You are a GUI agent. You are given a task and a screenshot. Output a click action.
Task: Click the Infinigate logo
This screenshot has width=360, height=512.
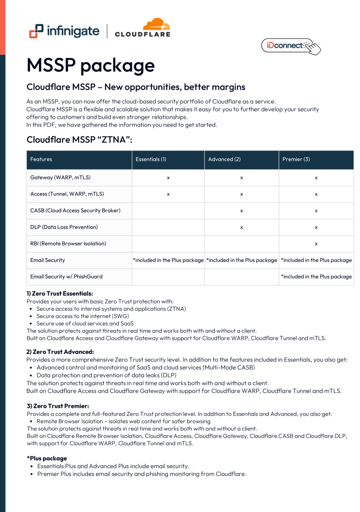point(64,31)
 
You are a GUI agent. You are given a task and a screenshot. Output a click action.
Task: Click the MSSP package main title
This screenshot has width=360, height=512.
point(91,65)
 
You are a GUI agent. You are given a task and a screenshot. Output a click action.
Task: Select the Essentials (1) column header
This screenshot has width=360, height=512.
point(151,159)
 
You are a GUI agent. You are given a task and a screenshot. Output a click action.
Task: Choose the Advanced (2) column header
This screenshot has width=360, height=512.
point(224,159)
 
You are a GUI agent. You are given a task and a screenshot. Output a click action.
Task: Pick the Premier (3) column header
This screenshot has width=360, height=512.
point(296,159)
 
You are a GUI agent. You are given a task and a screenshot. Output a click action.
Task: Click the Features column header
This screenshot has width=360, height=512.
point(41,159)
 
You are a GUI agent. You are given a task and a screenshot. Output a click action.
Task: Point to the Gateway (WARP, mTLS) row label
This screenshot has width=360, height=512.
point(60,178)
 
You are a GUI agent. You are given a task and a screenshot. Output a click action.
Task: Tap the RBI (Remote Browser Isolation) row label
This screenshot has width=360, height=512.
point(68,243)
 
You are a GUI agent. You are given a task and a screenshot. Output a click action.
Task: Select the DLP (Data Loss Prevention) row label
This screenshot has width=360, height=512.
point(64,227)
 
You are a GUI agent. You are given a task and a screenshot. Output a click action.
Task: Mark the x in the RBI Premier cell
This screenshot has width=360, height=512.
point(316,244)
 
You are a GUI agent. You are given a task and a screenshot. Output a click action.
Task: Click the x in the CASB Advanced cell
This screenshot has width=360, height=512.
point(241,211)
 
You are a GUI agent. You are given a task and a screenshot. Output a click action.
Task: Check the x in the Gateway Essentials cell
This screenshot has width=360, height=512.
point(168,178)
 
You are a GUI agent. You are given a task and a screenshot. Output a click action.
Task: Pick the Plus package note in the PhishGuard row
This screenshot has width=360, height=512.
point(316,277)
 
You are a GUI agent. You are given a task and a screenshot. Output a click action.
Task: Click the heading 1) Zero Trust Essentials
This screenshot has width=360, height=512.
point(60,293)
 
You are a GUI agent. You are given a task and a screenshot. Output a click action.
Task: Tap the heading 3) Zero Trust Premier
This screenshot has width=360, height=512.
point(58,406)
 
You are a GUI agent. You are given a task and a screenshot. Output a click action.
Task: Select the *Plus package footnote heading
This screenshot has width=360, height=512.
point(47,458)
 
